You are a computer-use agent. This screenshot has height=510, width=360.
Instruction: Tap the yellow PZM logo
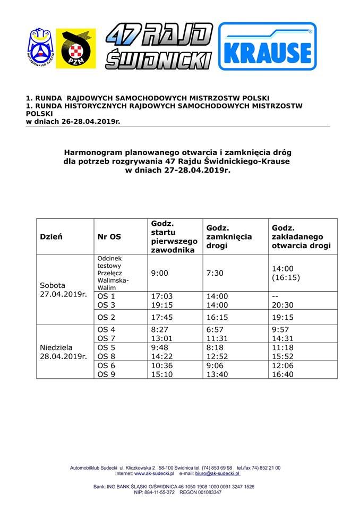75,49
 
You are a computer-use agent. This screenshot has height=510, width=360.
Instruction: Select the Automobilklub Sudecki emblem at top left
40,48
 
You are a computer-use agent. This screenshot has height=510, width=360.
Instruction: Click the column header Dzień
52,237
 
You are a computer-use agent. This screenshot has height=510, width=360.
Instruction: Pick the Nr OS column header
109,237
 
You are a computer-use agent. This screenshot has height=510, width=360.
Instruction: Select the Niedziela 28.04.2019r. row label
63,351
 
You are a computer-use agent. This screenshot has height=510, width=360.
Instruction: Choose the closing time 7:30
215,273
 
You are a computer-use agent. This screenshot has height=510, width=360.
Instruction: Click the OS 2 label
106,317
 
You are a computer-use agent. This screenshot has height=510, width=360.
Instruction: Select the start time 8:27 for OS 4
160,329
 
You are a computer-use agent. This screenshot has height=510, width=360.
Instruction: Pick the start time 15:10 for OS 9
162,374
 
